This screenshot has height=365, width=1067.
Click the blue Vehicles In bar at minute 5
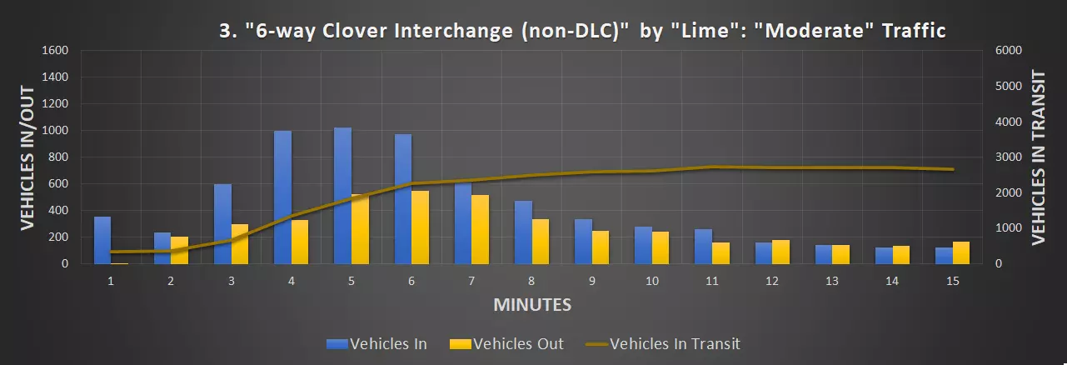342,196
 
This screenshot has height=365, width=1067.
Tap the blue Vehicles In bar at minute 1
102,240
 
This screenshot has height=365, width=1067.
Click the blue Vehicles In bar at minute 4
282,197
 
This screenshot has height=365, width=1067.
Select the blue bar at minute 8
523,232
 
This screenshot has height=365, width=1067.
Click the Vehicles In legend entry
377,343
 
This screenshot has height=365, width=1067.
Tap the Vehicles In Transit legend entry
662,343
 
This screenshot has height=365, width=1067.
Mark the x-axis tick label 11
711,281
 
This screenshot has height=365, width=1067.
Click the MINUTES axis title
532,304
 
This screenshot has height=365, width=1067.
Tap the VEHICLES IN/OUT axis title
27,157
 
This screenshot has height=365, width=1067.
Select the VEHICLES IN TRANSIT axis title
1039,157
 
